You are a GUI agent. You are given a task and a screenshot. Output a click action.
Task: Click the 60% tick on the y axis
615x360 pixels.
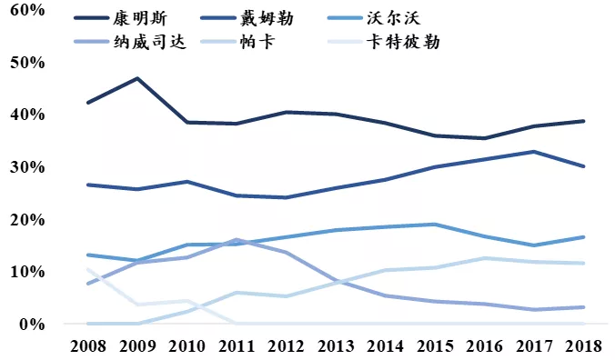pyautogui.click(x=26, y=10)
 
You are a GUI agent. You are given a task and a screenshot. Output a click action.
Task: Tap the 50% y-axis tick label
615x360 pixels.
pyautogui.click(x=26, y=63)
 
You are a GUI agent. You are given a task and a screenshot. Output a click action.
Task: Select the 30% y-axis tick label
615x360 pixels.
pyautogui.click(x=26, y=167)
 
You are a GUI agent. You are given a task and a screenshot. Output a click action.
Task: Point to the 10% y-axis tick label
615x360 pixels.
pyautogui.click(x=26, y=272)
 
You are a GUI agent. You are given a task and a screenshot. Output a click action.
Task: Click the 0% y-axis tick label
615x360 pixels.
pyautogui.click(x=31, y=325)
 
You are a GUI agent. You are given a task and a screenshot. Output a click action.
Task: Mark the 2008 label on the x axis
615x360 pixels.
pyautogui.click(x=87, y=347)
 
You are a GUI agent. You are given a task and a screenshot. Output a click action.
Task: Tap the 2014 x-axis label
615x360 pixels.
pyautogui.click(x=383, y=347)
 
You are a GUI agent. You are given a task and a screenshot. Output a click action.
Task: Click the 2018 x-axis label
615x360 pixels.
pyautogui.click(x=580, y=347)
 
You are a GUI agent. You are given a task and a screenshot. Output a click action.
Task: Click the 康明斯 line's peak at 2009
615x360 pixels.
pyautogui.click(x=136, y=78)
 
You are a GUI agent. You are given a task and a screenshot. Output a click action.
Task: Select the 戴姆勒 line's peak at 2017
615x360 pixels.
pyautogui.click(x=531, y=152)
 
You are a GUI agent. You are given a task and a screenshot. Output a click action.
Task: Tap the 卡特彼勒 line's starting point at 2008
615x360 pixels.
pyautogui.click(x=87, y=269)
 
